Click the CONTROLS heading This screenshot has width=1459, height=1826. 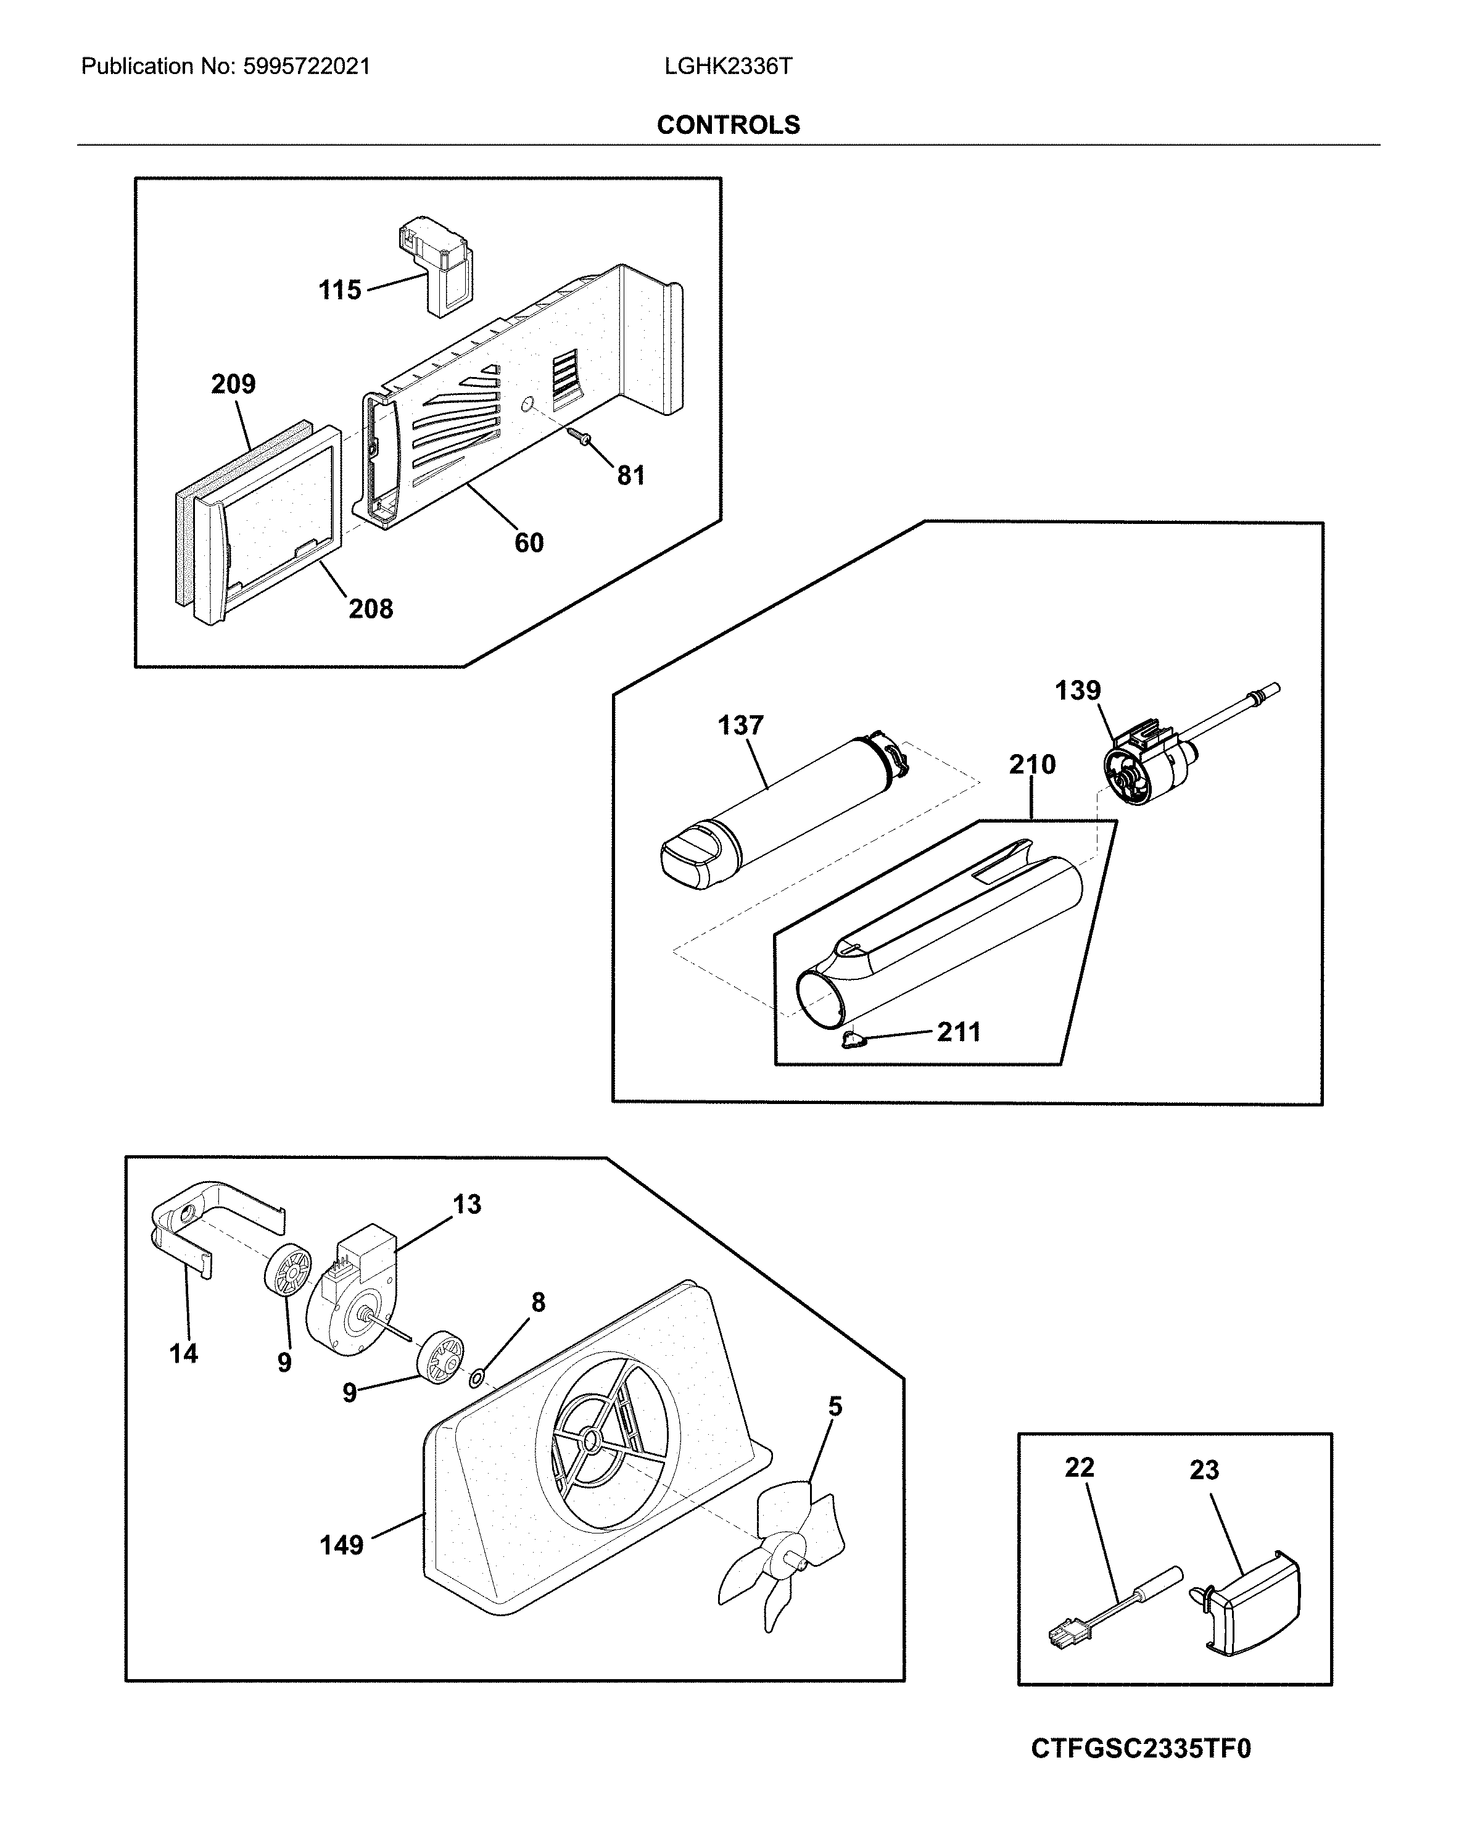(x=727, y=125)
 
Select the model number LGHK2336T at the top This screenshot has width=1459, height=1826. (x=727, y=67)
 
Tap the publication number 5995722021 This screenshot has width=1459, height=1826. (x=307, y=67)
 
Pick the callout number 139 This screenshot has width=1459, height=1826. (x=1077, y=691)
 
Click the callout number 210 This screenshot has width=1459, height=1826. (x=1031, y=764)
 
